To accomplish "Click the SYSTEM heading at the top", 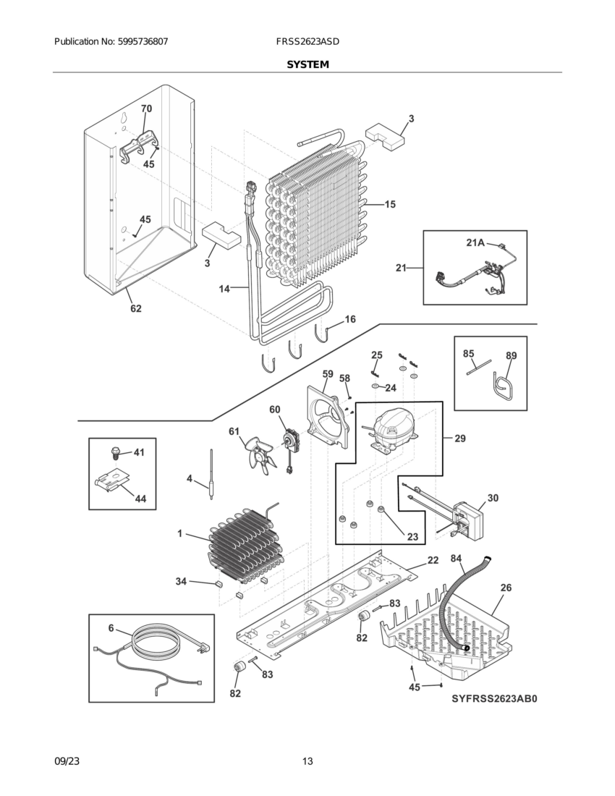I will coord(307,64).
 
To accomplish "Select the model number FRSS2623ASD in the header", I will coord(307,42).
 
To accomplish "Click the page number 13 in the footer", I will coord(307,761).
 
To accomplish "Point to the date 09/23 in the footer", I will coord(67,761).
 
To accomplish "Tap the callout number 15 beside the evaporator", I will coord(389,205).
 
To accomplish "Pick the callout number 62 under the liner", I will coord(135,309).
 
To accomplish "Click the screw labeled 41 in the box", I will coord(114,454).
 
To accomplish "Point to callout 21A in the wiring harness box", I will coord(475,243).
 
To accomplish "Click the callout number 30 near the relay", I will coord(492,498).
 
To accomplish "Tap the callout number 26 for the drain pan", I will coord(506,588).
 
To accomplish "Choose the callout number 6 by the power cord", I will coord(111,628).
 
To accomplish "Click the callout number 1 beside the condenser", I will coord(179,534).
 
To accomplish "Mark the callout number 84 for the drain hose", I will coord(456,558).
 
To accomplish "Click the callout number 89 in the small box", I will coord(511,355).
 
